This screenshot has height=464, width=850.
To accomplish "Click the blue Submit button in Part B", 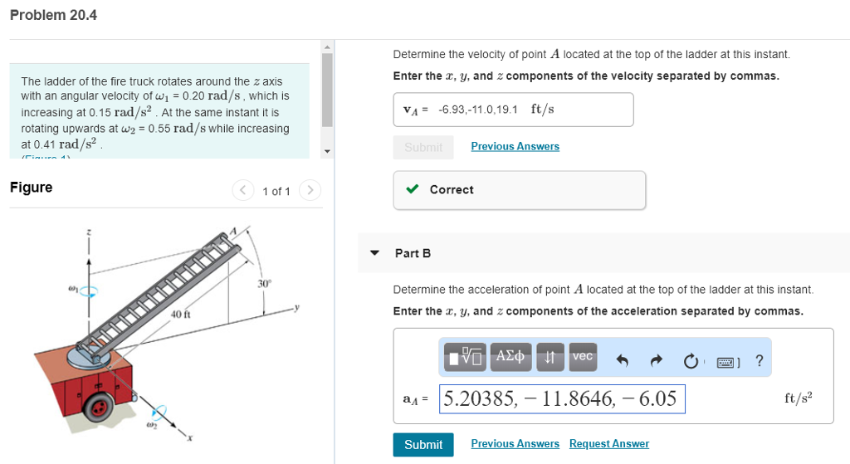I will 423,445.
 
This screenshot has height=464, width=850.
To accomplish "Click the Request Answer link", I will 608,444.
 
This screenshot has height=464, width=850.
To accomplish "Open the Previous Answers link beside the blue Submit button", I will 515,444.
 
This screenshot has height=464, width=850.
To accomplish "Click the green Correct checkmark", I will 413,190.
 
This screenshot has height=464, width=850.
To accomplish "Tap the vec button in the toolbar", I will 583,357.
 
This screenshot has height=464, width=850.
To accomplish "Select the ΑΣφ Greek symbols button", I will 510,357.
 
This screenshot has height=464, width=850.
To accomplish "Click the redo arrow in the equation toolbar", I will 656,360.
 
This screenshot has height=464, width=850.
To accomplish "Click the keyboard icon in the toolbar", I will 725,361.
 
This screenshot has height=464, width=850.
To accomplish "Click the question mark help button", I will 759,360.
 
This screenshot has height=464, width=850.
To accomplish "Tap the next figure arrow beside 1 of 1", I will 310,191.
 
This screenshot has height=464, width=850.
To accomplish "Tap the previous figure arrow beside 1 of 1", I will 243,191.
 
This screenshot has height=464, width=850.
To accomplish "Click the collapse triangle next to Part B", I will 375,253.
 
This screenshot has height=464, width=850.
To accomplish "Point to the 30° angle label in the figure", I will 264,284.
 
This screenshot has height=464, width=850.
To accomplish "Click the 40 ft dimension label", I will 180,315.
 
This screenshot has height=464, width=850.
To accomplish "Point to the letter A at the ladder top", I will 233,230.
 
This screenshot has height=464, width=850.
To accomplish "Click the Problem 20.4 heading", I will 53,15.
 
